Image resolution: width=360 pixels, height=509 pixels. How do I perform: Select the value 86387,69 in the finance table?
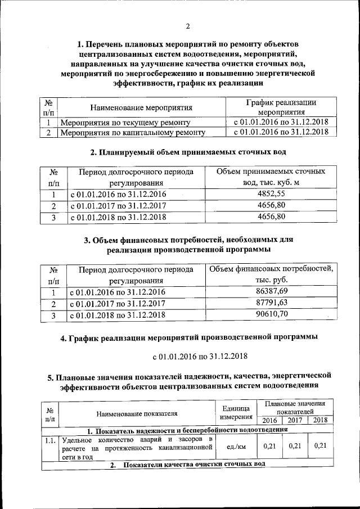(271, 291)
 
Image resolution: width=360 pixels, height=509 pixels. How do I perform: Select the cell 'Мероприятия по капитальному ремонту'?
(132, 133)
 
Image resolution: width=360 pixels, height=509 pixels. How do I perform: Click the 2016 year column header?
(269, 420)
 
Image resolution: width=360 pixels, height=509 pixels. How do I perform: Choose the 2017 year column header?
(295, 420)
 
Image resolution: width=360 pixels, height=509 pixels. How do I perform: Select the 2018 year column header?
(320, 420)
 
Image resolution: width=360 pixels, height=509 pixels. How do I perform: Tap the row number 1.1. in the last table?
(50, 439)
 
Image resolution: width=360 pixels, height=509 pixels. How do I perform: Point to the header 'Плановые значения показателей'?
(295, 408)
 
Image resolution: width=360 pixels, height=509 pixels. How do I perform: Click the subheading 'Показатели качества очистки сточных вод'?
(187, 464)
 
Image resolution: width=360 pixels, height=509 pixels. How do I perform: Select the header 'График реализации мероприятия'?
(281, 107)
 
